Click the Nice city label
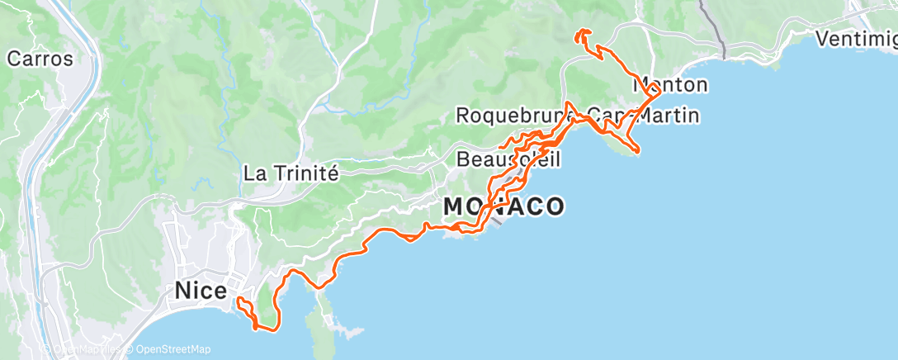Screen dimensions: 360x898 [201, 291]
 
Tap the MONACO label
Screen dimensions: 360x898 [503, 206]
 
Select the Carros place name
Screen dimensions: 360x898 [40, 59]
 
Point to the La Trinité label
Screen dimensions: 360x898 [291, 173]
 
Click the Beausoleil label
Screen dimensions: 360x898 [508, 158]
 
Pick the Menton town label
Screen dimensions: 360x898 [670, 85]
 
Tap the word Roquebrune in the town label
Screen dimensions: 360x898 [510, 115]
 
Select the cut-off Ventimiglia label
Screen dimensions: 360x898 [855, 38]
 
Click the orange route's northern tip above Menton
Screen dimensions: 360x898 [582, 32]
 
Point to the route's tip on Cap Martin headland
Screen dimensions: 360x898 [639, 150]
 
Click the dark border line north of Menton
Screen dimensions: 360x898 [711, 29]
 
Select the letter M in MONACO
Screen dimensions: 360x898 [455, 206]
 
